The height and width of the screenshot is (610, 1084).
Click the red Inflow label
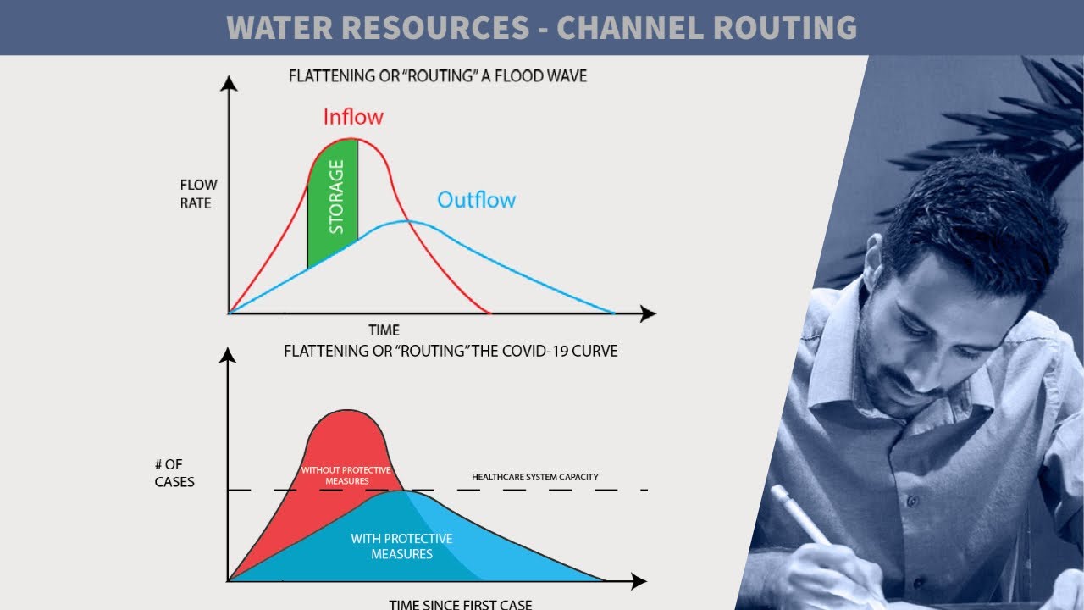pos(353,117)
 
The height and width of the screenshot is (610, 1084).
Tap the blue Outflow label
pos(476,200)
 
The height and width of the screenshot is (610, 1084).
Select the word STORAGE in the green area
pos(336,197)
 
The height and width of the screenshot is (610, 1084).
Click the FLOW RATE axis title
pos(198,194)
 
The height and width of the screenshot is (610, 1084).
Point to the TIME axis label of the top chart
pos(384,330)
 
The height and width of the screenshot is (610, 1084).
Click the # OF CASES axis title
pos(174,473)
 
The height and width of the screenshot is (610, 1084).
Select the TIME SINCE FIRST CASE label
pos(461,604)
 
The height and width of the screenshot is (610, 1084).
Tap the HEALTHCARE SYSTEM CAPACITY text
pos(534,477)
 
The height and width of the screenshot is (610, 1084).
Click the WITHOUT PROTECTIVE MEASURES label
pos(346,475)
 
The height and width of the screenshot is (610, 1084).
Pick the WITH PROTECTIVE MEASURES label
pos(401,546)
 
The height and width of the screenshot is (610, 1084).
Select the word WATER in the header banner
pos(279,27)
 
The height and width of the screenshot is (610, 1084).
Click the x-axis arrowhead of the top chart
pos(648,314)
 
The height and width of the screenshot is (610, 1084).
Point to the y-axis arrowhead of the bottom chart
pos(227,355)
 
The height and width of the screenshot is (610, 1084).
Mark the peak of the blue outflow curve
pos(405,221)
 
